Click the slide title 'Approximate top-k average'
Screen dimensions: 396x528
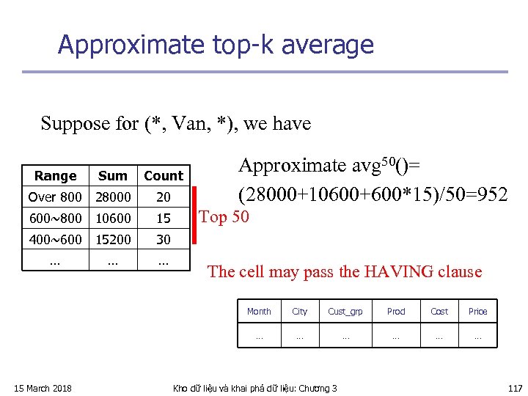tap(216, 45)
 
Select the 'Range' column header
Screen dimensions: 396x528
tap(55, 176)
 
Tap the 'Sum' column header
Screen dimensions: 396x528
tap(112, 176)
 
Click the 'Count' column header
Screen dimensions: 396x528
tap(164, 176)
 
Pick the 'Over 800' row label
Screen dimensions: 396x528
tap(55, 197)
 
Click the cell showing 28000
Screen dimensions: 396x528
tap(112, 197)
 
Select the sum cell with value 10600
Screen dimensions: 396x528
tap(112, 219)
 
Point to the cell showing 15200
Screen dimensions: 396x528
tap(112, 240)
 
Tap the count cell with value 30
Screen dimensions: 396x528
tap(164, 240)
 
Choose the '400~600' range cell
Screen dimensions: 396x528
tap(55, 240)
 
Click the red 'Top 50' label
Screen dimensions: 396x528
tap(224, 217)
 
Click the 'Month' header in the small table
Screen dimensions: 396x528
tap(259, 312)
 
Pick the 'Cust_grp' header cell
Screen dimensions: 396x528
tap(345, 312)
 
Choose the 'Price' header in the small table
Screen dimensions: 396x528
tap(477, 312)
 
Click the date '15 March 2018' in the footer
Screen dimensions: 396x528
tap(43, 388)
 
